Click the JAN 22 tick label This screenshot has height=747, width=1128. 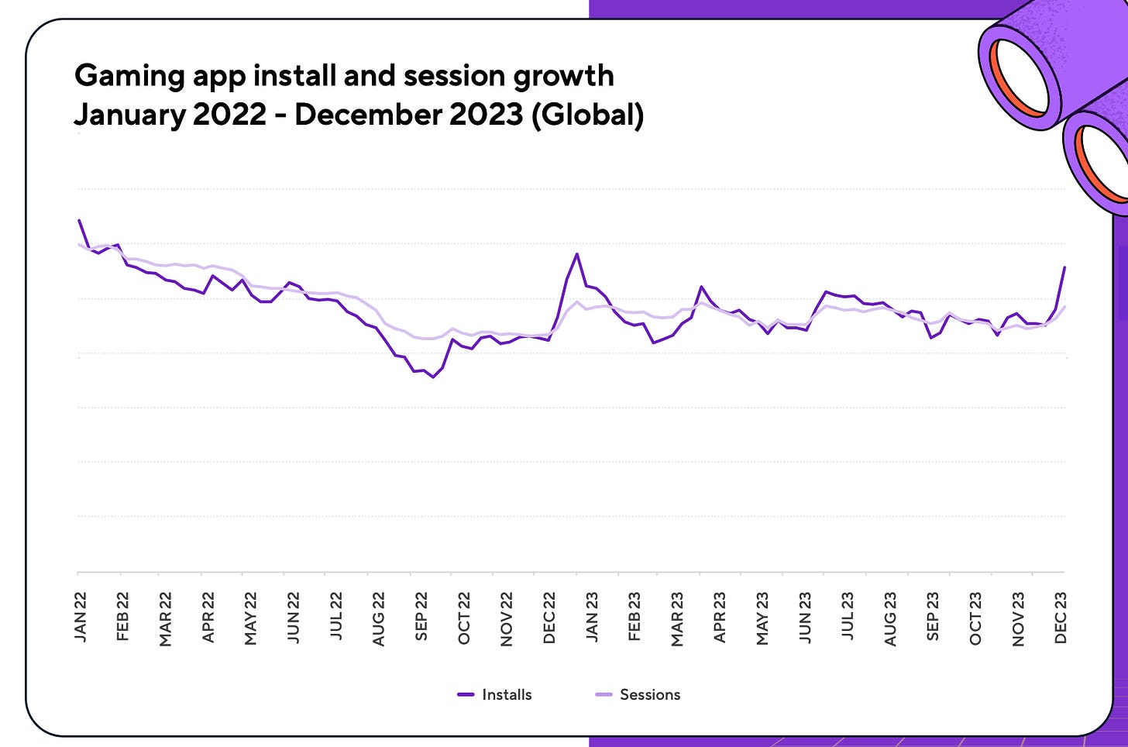click(81, 617)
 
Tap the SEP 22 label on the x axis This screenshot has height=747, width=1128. click(421, 617)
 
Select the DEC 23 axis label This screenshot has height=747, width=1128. click(1061, 617)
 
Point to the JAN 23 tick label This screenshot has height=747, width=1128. click(592, 617)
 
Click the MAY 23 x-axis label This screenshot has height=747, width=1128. click(762, 617)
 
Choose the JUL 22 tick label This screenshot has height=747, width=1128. click(336, 617)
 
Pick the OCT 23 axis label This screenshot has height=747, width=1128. click(975, 617)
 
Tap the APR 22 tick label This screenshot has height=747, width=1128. click(208, 617)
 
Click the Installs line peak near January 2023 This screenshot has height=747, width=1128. click(577, 254)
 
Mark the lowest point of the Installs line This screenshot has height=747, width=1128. click(433, 377)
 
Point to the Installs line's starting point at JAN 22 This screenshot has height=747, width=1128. click(79, 220)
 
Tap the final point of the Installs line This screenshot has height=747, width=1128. click(1065, 267)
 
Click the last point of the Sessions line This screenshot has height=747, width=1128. click(1065, 307)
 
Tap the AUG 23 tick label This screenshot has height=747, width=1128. click(890, 617)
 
